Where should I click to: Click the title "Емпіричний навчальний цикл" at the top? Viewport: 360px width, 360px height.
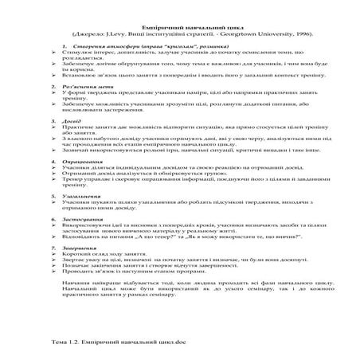pos(180,26)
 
